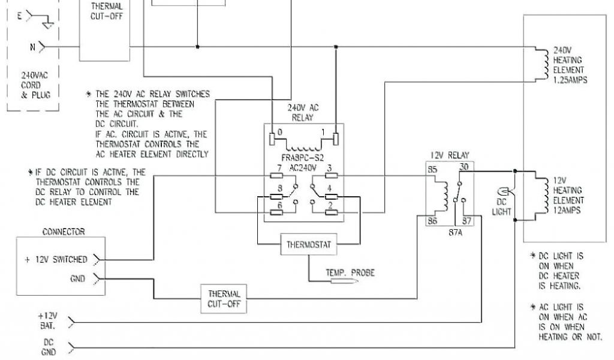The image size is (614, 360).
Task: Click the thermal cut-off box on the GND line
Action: click(225, 298)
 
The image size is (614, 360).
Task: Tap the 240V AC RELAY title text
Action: click(303, 113)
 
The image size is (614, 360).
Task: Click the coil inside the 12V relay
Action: click(444, 193)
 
